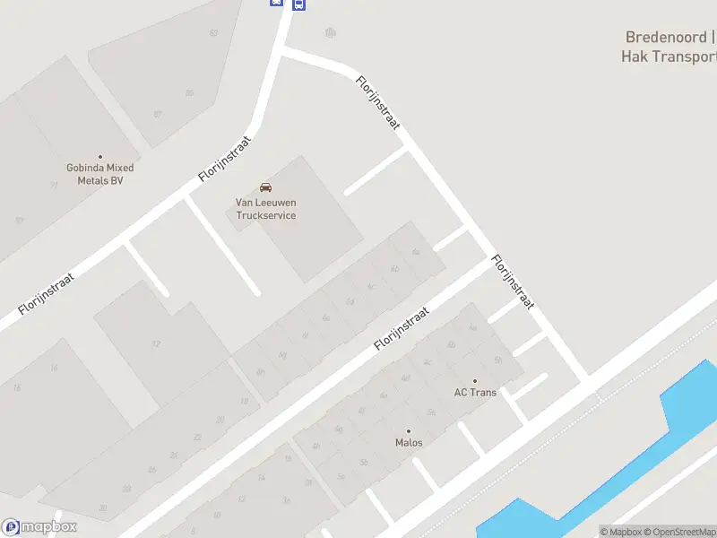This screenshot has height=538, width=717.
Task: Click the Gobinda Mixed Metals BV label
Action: [x=99, y=174]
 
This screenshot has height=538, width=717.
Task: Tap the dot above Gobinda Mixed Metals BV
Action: [x=100, y=157]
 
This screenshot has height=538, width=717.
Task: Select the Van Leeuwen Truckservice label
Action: [x=265, y=209]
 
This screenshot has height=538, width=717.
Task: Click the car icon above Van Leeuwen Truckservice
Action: [x=265, y=187]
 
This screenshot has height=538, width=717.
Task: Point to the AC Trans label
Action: [x=475, y=393]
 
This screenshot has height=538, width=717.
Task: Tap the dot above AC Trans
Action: [x=475, y=381]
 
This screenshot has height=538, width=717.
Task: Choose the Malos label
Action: [x=409, y=443]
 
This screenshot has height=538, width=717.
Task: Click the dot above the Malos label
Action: [x=409, y=431]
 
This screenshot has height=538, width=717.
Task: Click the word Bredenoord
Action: [x=666, y=38]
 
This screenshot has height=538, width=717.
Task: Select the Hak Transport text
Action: [x=669, y=56]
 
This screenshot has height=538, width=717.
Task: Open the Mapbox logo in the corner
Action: [x=39, y=527]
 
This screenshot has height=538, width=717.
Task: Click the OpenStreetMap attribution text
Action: [x=681, y=532]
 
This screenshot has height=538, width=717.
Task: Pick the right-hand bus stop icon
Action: [x=298, y=4]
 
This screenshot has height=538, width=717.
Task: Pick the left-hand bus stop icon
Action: [x=276, y=3]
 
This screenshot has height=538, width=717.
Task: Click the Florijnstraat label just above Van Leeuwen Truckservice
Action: [x=226, y=159]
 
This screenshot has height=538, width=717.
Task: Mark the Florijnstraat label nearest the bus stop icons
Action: [x=377, y=103]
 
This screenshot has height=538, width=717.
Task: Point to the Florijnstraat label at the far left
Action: [x=46, y=293]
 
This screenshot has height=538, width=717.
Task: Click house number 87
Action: [x=158, y=114]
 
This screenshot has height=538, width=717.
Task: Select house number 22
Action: [x=198, y=437]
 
